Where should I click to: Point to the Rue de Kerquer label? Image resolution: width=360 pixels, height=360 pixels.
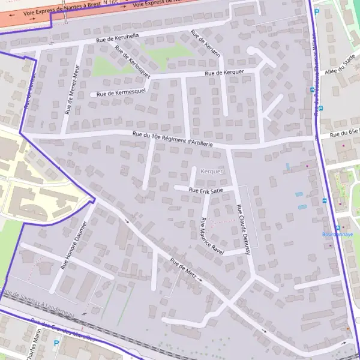click(224, 73)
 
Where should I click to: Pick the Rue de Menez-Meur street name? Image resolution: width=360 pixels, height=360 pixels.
click(72, 92)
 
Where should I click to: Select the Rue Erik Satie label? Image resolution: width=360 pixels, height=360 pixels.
click(206, 190)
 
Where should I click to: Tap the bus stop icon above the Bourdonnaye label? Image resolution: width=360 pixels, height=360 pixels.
click(338, 228)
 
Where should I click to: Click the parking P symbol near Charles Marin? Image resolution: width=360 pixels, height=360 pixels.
click(56, 344)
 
